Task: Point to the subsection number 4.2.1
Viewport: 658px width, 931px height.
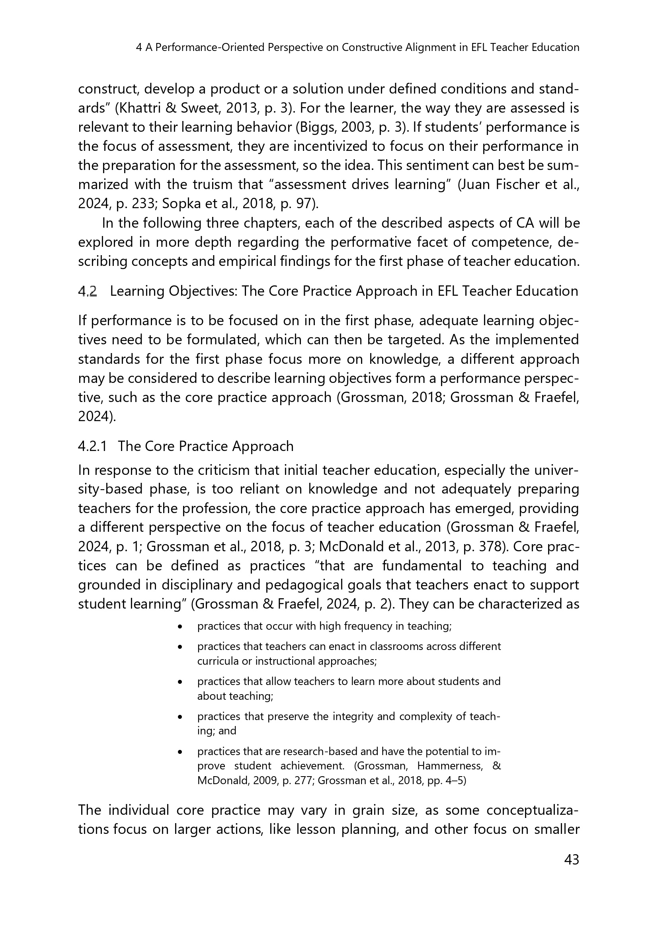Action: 92,447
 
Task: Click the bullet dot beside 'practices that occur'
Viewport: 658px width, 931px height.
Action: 180,627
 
